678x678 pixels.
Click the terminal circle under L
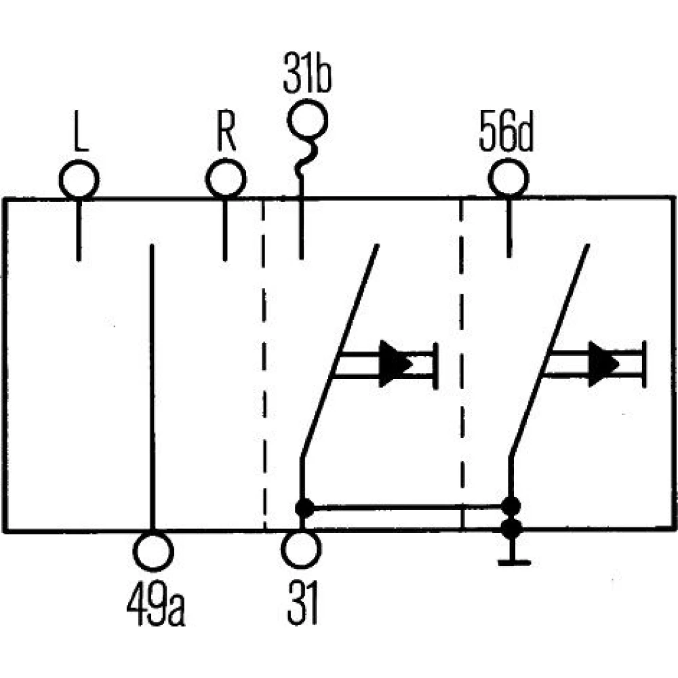click(x=79, y=180)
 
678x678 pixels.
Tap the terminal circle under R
click(x=225, y=180)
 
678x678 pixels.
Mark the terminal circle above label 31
click(x=300, y=549)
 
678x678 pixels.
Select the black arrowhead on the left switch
click(x=395, y=363)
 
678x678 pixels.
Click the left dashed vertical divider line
click(x=264, y=366)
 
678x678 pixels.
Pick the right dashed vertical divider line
click(x=462, y=366)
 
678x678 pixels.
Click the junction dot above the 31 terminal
click(x=304, y=506)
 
